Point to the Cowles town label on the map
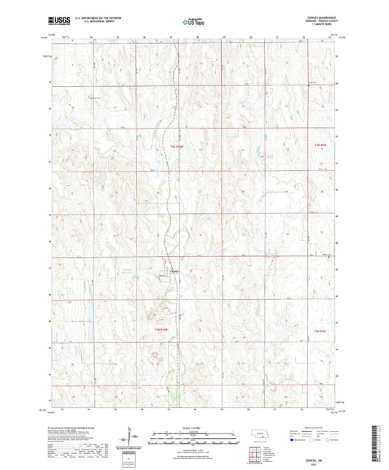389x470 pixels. tap(174, 271)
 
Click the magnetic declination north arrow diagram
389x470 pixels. tap(134, 436)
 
